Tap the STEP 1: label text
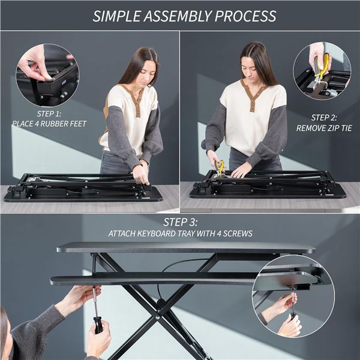49,112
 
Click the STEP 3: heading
180,221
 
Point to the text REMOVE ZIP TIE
323,128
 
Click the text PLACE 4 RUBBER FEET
49,124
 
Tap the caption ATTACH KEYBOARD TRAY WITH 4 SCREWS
180,233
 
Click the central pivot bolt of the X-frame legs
160,312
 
